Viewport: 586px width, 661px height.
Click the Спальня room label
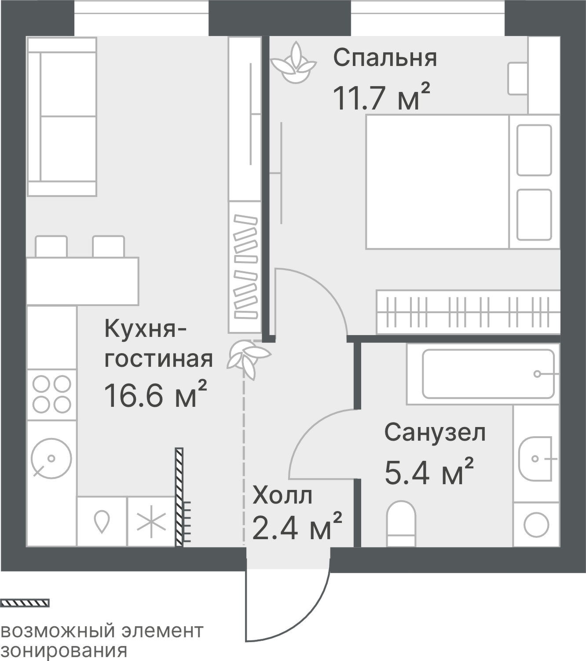(x=385, y=58)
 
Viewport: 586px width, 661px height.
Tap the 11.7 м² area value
(x=381, y=98)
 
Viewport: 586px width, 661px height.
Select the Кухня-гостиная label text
(x=158, y=343)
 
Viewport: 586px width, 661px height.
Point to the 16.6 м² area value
(x=155, y=395)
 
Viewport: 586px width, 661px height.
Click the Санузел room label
(x=435, y=432)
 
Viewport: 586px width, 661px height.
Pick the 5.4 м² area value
(x=429, y=472)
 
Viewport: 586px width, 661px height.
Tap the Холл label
(x=282, y=496)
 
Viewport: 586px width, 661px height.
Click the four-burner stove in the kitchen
(x=52, y=394)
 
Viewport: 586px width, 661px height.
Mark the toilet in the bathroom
(x=401, y=523)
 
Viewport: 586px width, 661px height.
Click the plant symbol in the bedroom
(x=293, y=63)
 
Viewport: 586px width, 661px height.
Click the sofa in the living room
(x=62, y=117)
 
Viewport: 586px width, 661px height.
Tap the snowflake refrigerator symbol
(x=151, y=522)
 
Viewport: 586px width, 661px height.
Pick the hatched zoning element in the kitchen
(x=179, y=497)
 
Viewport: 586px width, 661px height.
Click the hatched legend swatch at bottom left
(x=26, y=603)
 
